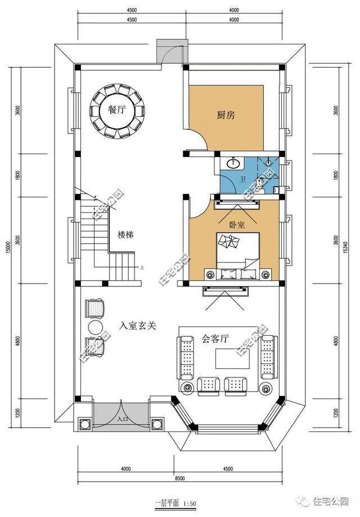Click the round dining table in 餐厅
[x=118, y=111]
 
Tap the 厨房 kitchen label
[x=226, y=115]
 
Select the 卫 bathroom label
[x=242, y=179]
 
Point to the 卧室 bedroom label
[x=237, y=224]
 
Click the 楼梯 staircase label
[x=125, y=235]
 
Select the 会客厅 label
[x=214, y=339]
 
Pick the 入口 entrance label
[x=121, y=419]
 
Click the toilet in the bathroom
[x=261, y=182]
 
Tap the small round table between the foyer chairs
[x=94, y=327]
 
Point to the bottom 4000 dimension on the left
[x=125, y=469]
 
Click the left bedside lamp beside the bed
[x=211, y=275]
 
